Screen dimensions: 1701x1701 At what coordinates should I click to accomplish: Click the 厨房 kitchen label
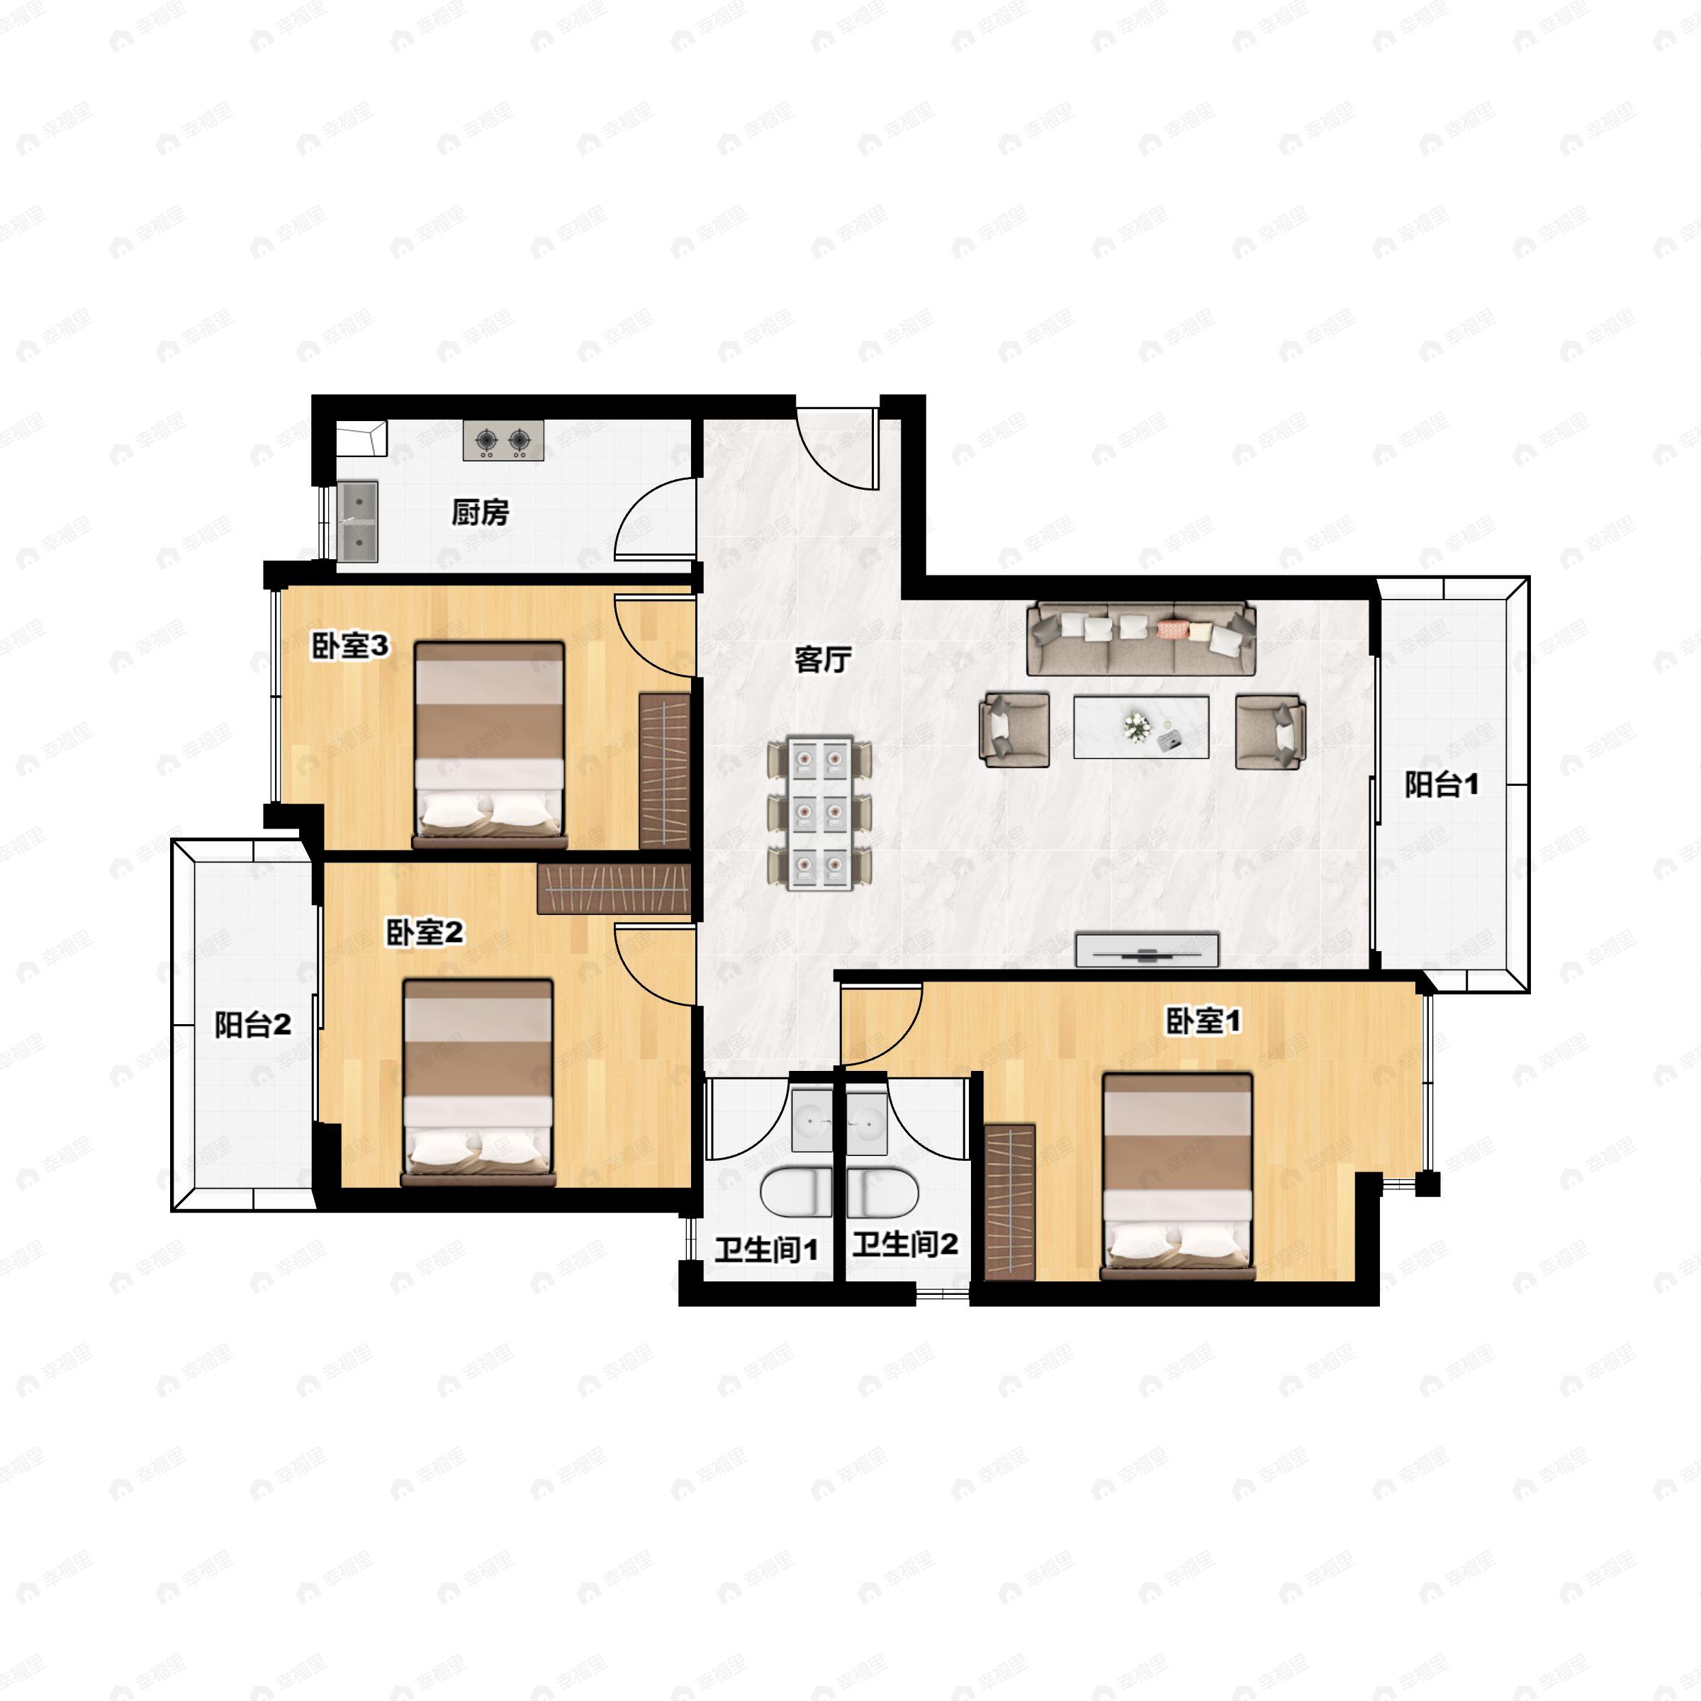click(481, 512)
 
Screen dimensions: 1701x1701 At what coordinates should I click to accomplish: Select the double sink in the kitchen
click(359, 522)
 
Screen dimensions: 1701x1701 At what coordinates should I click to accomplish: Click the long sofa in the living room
click(1141, 639)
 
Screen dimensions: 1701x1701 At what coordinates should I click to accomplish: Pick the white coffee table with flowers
click(1141, 726)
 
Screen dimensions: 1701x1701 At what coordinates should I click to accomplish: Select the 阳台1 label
click(1442, 785)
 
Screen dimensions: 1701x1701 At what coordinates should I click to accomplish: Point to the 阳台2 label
click(254, 1025)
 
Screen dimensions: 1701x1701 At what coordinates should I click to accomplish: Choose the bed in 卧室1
click(1178, 1177)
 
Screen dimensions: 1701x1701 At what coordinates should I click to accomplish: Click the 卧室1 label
click(1203, 1021)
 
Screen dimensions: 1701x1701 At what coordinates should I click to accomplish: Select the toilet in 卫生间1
click(796, 1193)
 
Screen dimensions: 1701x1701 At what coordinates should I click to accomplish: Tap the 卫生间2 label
click(905, 1244)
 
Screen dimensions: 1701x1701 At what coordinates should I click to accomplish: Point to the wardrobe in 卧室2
click(614, 889)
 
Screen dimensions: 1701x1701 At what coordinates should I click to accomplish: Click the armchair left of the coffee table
click(1015, 730)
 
